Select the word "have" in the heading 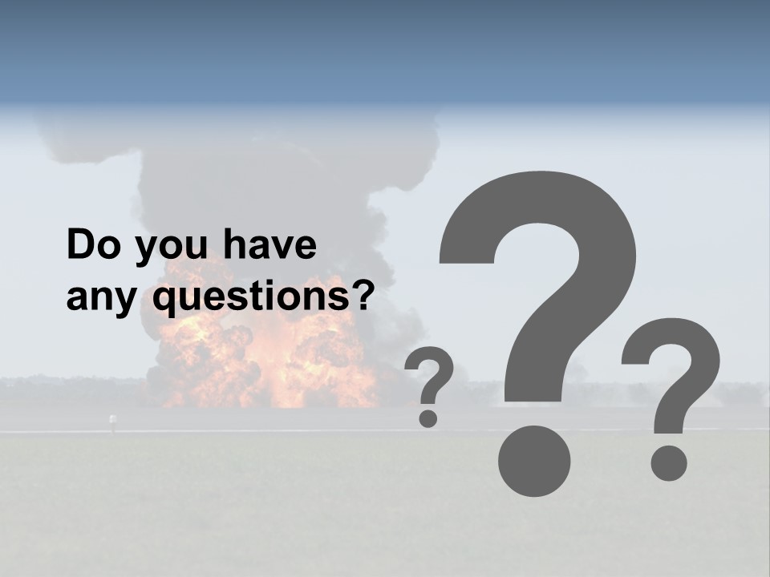coord(270,245)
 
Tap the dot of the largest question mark coord(534,461)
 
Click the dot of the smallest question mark coord(428,418)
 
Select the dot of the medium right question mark coord(668,463)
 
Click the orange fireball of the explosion coord(265,361)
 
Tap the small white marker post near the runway coord(113,420)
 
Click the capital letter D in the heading coord(81,245)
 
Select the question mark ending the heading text coord(364,295)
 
